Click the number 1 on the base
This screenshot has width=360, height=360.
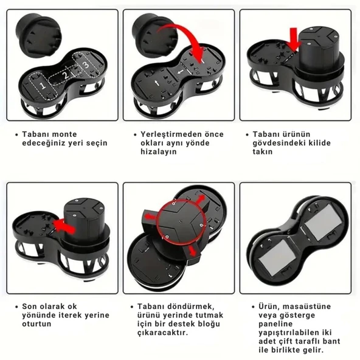[x=42, y=86]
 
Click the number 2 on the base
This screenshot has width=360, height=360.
[x=66, y=75]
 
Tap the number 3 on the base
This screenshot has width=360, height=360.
[x=86, y=64]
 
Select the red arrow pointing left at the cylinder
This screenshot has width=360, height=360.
[x=64, y=226]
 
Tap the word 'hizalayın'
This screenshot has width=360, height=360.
[x=159, y=152]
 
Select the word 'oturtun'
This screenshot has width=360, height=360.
[x=36, y=324]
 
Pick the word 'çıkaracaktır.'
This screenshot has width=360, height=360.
[x=163, y=333]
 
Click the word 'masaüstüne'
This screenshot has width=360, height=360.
[x=306, y=306]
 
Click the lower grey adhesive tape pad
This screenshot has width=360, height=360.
[x=275, y=257]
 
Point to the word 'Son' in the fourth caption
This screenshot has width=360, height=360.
[x=29, y=306]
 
